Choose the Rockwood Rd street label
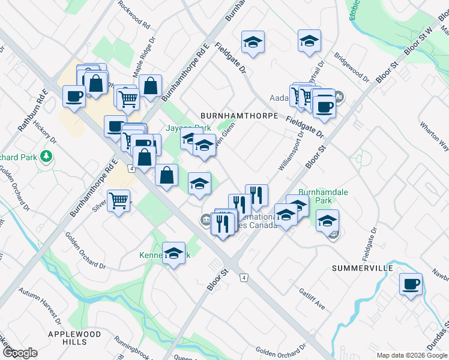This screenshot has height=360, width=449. click(x=134, y=13)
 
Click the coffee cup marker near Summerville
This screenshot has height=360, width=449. click(x=411, y=284)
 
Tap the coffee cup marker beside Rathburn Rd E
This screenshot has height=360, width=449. click(x=74, y=96)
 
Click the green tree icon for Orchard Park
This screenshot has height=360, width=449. click(x=46, y=157)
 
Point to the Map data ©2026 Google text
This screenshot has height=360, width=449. click(x=411, y=355)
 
